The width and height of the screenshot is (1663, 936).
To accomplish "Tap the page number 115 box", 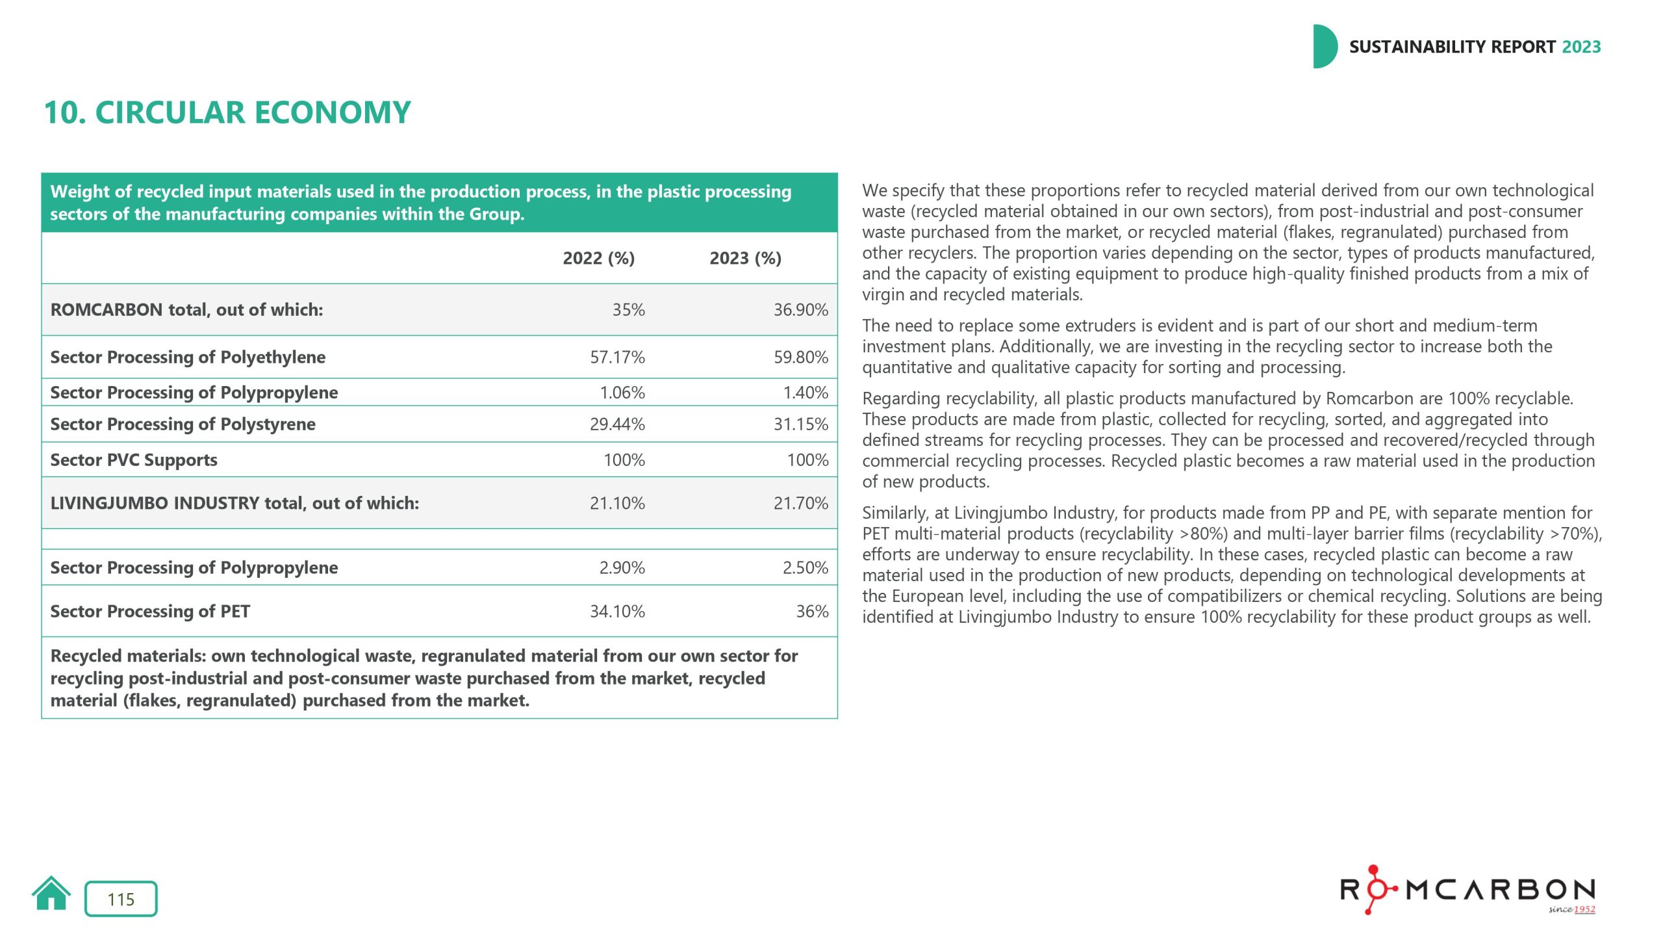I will point(121,899).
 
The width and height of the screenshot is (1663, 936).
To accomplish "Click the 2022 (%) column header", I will point(598,258).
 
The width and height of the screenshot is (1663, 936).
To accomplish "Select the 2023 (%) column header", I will point(745,258).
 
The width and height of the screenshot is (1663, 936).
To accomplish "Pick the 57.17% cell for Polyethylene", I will point(617,357).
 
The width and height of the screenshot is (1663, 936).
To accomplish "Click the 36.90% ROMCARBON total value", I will point(800,309).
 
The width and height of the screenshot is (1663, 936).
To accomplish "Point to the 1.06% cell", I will point(622,393).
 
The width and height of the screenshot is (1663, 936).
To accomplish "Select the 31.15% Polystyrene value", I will point(800,424).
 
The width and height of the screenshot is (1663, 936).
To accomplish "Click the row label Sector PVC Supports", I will point(134,460).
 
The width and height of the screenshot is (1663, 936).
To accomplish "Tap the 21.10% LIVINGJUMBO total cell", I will point(617,502).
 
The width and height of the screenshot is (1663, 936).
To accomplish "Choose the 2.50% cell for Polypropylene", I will point(805,567).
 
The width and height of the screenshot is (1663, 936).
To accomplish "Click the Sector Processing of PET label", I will point(150,611).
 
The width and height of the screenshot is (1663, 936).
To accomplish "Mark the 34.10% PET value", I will point(617,611).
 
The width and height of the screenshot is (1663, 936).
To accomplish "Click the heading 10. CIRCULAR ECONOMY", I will point(227,112).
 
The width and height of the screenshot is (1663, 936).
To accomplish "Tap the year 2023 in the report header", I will point(1581,47).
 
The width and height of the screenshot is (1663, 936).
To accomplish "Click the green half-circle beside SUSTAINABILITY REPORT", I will point(1324,47).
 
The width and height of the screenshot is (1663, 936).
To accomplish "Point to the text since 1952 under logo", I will point(1571,909).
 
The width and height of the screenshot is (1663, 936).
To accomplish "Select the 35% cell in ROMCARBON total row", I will point(628,309).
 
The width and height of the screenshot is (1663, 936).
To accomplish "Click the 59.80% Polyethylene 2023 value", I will point(800,357).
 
